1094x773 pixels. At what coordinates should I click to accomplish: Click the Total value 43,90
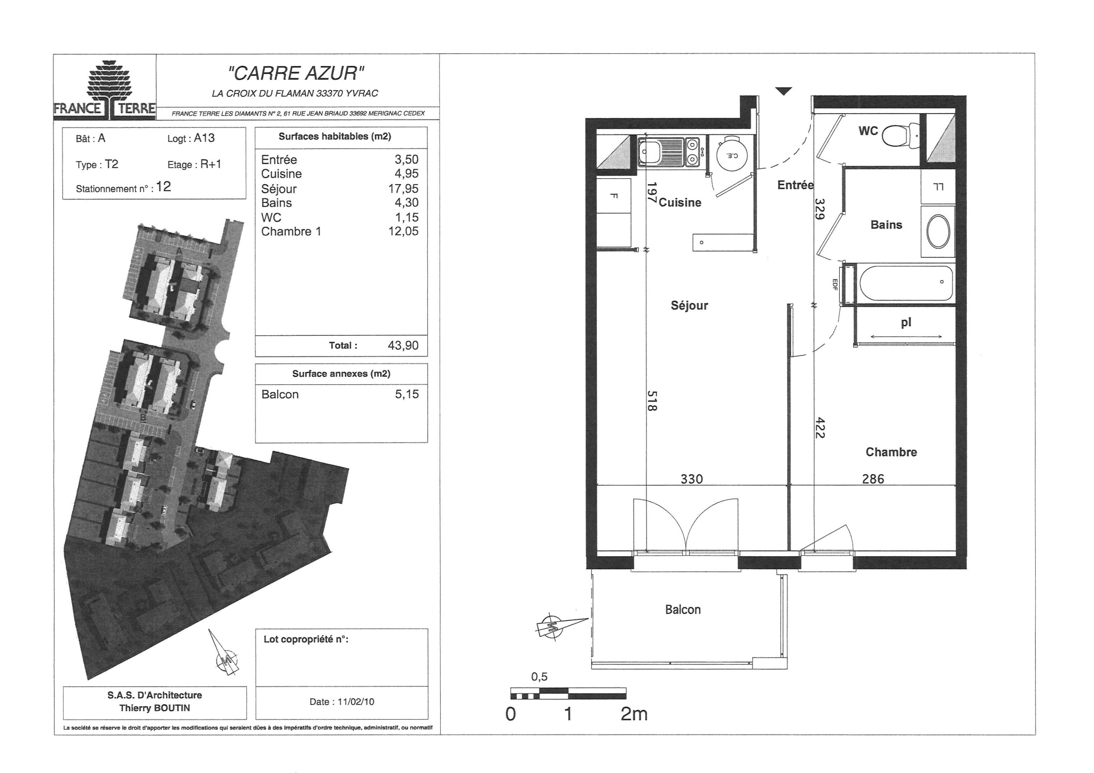click(x=403, y=345)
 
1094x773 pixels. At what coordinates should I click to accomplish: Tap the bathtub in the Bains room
click(x=906, y=283)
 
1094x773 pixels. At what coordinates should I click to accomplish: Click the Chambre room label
click(x=891, y=452)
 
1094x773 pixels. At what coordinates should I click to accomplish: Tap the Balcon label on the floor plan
click(x=683, y=610)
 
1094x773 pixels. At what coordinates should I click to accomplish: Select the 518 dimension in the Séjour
click(x=652, y=401)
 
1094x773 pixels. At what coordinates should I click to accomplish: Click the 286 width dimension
click(x=873, y=479)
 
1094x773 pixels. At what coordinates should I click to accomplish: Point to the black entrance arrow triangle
click(x=783, y=91)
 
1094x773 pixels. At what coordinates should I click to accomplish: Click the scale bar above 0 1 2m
click(x=568, y=693)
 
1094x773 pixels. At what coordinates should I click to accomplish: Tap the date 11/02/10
click(x=356, y=702)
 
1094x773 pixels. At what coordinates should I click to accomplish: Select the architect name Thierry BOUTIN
click(x=154, y=708)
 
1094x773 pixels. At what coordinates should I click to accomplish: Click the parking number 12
click(x=163, y=186)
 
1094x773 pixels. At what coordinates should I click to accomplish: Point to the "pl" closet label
click(x=906, y=323)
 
